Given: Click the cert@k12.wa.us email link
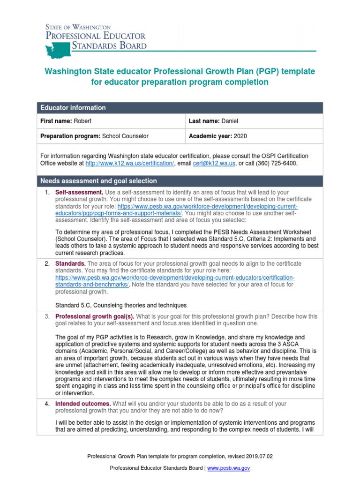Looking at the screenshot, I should (x=212, y=163).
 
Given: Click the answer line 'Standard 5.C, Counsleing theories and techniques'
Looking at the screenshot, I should (x=121, y=305).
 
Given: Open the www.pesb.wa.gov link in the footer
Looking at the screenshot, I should (x=228, y=468).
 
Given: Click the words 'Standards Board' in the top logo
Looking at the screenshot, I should (x=109, y=46).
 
